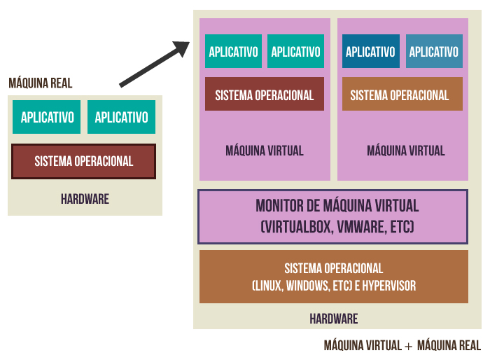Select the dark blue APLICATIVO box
pos(370,52)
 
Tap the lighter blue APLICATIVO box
pos(434,52)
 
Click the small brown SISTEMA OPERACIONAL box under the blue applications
pos(402,95)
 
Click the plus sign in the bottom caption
pos(408,346)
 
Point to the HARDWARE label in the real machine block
pos(85,199)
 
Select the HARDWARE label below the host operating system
pos(334,319)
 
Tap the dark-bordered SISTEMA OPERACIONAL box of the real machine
pos(84,161)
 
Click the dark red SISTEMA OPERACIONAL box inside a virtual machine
pos(265,95)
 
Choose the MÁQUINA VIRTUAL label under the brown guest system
pos(405,151)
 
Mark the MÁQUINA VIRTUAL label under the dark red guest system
pos(265,151)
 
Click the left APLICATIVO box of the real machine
pos(47,117)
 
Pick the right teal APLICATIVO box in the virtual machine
pos(295,52)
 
